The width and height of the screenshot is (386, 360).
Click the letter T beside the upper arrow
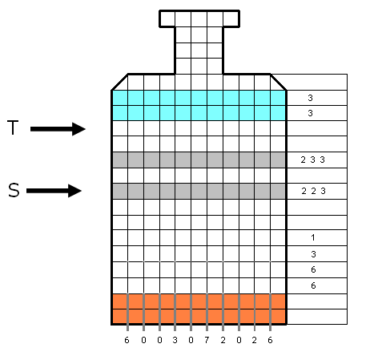click(x=13, y=127)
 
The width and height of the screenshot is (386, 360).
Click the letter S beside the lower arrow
click(x=14, y=190)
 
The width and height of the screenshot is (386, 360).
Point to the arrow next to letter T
click(x=58, y=129)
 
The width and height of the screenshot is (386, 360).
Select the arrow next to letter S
click(x=54, y=191)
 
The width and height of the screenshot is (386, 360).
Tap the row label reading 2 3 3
click(x=312, y=160)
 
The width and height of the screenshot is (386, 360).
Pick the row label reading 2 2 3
click(x=313, y=191)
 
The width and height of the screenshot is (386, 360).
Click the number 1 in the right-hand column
click(x=313, y=237)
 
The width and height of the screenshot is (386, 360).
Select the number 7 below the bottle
click(x=207, y=340)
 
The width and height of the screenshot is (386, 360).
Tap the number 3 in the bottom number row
click(x=175, y=340)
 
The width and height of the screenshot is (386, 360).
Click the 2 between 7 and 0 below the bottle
click(x=223, y=340)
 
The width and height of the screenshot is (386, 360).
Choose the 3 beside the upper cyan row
click(x=310, y=98)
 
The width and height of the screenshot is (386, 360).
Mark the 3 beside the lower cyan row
click(x=310, y=113)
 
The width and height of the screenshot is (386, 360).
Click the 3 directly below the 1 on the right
click(x=313, y=254)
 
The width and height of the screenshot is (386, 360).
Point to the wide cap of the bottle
click(x=199, y=18)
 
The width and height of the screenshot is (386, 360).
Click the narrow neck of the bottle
click(x=199, y=51)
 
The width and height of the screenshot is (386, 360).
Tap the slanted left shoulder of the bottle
click(x=119, y=82)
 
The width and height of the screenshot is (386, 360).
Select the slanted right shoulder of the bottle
click(x=279, y=82)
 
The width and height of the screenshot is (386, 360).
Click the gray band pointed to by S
click(x=199, y=191)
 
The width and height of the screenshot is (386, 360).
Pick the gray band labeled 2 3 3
click(x=199, y=160)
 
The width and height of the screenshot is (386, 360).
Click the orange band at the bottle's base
click(x=199, y=309)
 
